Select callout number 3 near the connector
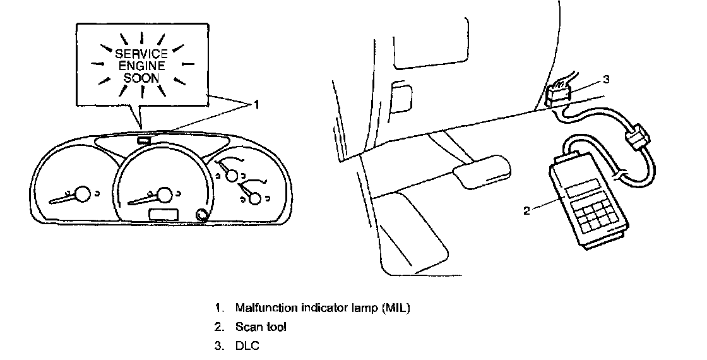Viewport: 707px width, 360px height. tap(606, 80)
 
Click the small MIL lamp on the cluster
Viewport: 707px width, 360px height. tap(143, 140)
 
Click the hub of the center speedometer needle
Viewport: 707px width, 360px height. tap(165, 195)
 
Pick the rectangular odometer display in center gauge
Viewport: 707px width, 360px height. tap(163, 215)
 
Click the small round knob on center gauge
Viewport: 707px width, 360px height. tap(201, 215)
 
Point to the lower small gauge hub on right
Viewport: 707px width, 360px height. tap(255, 199)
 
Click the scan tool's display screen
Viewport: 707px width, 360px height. tap(582, 188)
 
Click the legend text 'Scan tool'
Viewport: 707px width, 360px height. tap(261, 327)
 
